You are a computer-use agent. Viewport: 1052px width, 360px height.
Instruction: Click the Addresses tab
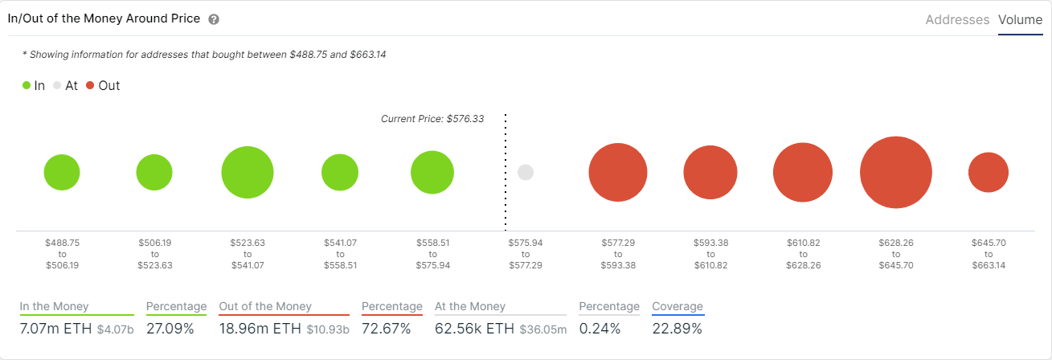click(x=957, y=19)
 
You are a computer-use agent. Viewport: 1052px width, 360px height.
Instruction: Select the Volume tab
click(x=1020, y=19)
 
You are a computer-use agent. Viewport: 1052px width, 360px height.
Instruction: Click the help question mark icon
click(x=214, y=19)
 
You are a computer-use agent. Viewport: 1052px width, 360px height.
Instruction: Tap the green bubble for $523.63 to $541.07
click(x=248, y=173)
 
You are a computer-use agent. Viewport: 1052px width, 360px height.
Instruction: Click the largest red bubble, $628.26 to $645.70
click(x=895, y=173)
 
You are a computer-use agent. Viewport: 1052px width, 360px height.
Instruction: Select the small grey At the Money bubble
click(x=526, y=173)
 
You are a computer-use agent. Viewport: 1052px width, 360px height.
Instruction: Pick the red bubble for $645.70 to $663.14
click(x=988, y=173)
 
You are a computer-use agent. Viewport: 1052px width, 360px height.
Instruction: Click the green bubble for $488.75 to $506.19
click(x=62, y=173)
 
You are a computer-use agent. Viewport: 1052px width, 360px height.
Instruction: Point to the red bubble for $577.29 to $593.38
click(x=618, y=173)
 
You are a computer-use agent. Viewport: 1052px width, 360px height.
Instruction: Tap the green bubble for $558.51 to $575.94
click(x=432, y=173)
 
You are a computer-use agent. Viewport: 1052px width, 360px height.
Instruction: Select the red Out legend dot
click(x=90, y=85)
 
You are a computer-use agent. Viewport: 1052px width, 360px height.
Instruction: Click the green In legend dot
click(x=27, y=85)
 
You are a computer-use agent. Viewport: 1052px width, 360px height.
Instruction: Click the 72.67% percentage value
click(x=386, y=329)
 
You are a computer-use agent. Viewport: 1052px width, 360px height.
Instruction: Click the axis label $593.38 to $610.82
click(x=710, y=253)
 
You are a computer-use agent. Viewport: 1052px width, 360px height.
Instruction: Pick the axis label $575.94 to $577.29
click(x=526, y=253)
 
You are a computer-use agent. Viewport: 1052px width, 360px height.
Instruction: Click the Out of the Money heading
click(x=265, y=306)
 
